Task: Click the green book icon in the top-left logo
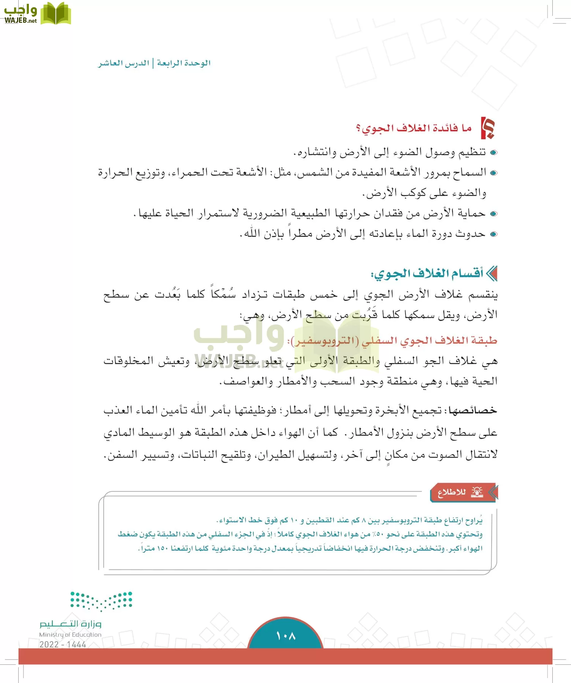click(x=55, y=14)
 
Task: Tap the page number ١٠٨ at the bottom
click(x=285, y=636)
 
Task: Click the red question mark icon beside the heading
click(x=488, y=128)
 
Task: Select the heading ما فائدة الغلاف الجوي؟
click(x=414, y=129)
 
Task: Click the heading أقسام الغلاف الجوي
click(x=427, y=273)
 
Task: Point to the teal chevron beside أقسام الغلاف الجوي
click(x=492, y=274)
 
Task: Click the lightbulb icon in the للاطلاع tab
click(x=477, y=492)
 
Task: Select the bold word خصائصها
click(x=473, y=411)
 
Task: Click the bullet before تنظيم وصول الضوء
click(x=494, y=153)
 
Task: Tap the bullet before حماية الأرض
click(x=494, y=214)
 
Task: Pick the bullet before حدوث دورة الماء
click(x=494, y=234)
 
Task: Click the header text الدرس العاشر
click(x=124, y=63)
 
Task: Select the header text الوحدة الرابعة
click(x=184, y=63)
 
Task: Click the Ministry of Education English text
click(x=70, y=634)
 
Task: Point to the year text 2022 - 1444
click(x=63, y=644)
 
